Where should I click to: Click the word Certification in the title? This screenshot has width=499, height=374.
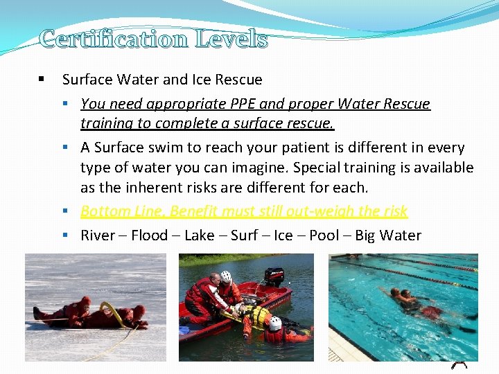pos(114,39)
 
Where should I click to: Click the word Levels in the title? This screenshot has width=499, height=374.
pos(231,39)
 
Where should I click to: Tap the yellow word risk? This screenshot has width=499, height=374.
pos(393,211)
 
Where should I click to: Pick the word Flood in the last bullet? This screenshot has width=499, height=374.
pos(149,235)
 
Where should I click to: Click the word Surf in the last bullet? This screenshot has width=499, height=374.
pos(244,235)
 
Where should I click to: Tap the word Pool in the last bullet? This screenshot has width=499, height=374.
pos(324,235)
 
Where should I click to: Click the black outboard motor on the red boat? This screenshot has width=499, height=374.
pos(274,276)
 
